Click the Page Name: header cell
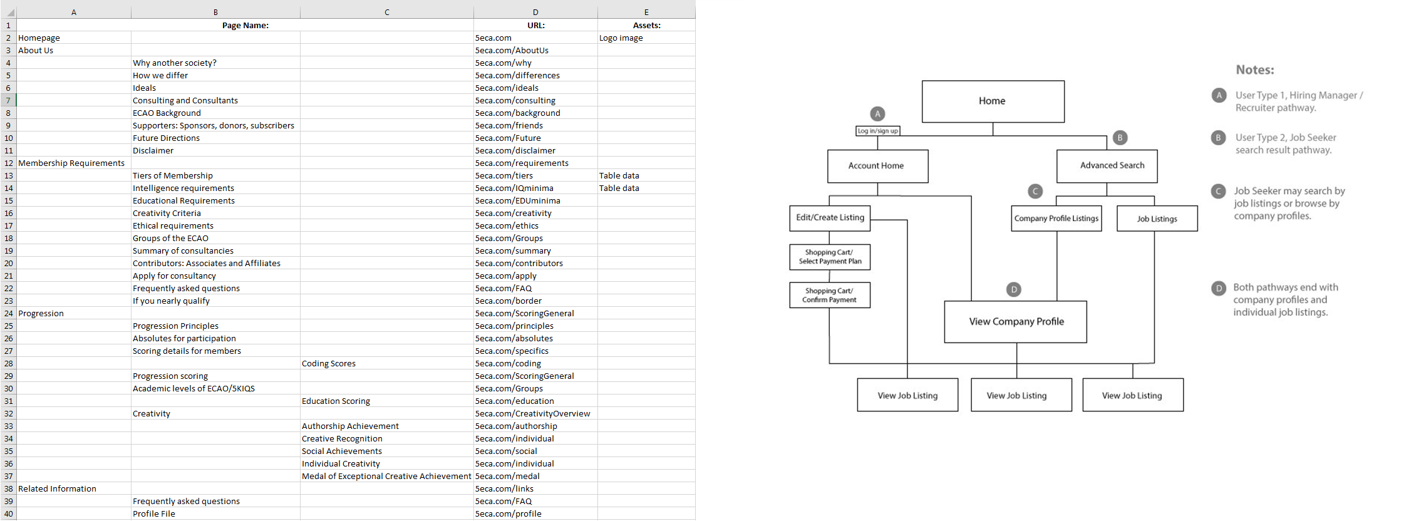click(245, 25)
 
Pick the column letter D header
click(535, 12)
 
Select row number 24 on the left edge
click(8, 313)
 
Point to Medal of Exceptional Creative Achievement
click(386, 476)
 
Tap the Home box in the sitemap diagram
click(993, 101)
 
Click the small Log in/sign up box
click(877, 131)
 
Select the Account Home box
click(877, 166)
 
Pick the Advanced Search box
click(1107, 166)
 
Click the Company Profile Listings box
click(1056, 219)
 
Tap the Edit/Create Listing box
click(830, 218)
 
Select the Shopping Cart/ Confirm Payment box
click(830, 295)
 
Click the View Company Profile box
click(1016, 322)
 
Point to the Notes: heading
click(1255, 70)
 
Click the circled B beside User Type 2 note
click(1218, 138)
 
